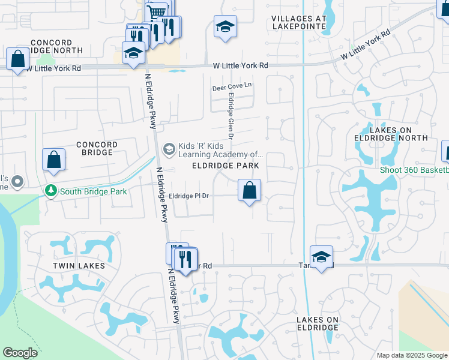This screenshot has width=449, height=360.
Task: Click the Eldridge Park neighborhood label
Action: [x=226, y=165]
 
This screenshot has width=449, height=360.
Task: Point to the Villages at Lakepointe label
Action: [x=299, y=22]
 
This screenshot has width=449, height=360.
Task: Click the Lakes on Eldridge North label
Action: [x=399, y=134]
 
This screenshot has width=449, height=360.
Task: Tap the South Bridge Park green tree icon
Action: [x=51, y=191]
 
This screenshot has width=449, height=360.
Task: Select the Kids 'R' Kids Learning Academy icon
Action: [x=169, y=148]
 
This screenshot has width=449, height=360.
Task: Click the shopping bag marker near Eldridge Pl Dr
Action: [x=250, y=191]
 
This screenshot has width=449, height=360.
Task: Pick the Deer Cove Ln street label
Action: [x=232, y=87]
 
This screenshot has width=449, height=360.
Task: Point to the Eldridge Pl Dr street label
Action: [x=188, y=196]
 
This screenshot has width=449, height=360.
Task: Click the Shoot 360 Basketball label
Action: [x=414, y=170]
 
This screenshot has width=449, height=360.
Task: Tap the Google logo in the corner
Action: [x=20, y=353]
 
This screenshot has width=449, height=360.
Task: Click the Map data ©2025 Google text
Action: [x=411, y=355]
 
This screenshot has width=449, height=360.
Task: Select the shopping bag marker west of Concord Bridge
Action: [x=53, y=160]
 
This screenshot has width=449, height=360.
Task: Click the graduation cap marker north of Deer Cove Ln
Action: [x=225, y=27]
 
